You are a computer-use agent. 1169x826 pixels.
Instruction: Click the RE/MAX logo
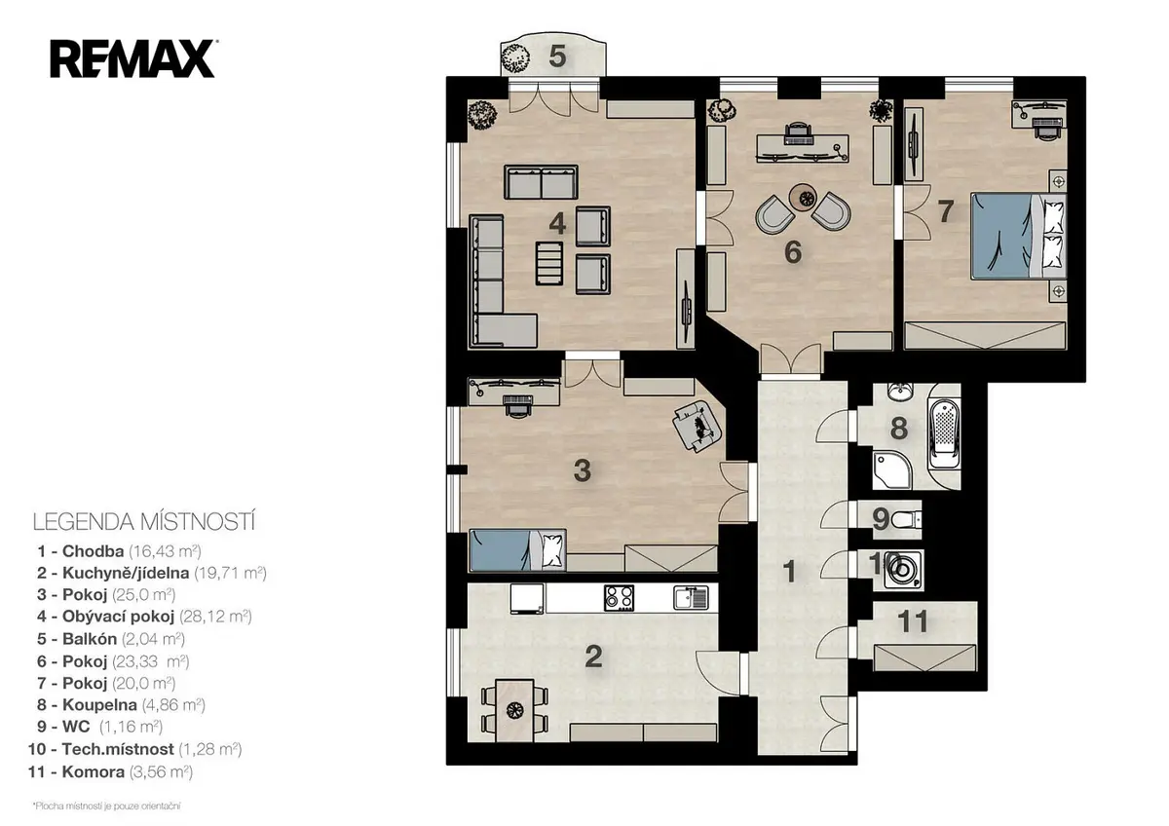click(x=133, y=58)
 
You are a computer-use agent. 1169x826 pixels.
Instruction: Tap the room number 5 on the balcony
click(x=557, y=56)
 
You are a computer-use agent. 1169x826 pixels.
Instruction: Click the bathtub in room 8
click(x=945, y=434)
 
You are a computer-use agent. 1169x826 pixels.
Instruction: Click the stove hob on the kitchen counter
click(x=619, y=597)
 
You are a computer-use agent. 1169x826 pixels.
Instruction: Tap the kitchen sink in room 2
click(x=691, y=597)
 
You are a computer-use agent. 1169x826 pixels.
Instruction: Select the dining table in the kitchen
click(x=514, y=710)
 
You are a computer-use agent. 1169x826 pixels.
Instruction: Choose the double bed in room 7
click(x=1018, y=236)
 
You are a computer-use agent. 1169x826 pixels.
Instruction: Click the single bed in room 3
click(x=517, y=550)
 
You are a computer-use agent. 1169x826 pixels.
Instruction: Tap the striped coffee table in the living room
click(x=549, y=263)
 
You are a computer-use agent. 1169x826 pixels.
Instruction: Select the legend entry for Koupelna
click(x=121, y=705)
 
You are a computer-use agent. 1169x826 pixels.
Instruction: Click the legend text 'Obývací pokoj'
click(x=118, y=617)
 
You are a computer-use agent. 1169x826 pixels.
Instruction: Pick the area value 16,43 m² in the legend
click(x=165, y=551)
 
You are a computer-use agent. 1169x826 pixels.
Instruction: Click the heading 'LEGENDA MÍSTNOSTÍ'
click(x=144, y=522)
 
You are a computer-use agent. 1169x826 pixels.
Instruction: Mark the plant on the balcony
click(x=515, y=58)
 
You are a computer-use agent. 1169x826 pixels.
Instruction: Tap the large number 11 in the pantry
click(x=913, y=620)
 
